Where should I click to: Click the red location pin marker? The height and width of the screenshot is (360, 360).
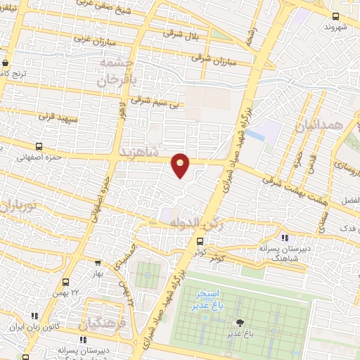click(181, 165)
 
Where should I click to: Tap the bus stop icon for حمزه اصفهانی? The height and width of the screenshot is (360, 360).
click(38, 147)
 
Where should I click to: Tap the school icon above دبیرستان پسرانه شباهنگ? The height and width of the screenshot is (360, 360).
click(284, 237)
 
